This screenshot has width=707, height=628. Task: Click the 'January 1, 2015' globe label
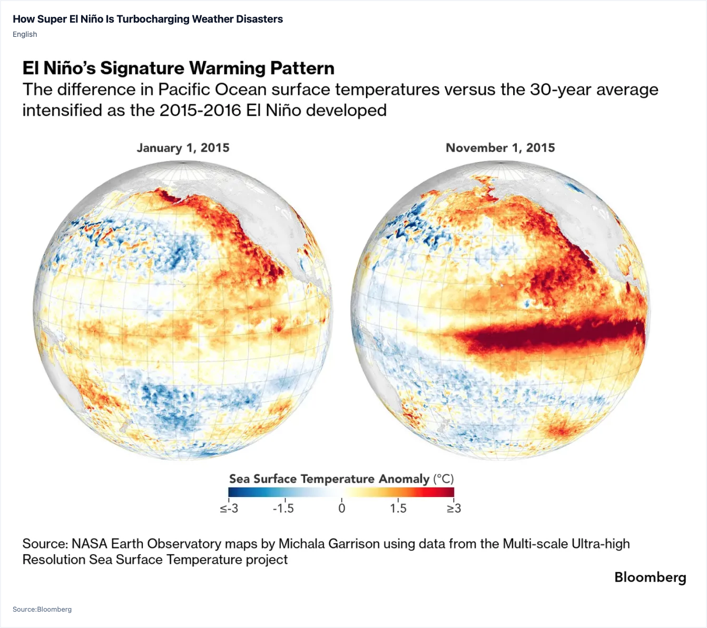(183, 148)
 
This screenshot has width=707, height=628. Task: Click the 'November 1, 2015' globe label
(500, 148)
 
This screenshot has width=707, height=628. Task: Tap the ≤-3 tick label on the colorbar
(229, 509)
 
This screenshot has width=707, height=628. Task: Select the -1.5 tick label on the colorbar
(283, 509)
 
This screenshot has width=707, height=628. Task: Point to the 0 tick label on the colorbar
(341, 509)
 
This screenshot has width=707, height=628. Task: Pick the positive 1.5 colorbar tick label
(398, 509)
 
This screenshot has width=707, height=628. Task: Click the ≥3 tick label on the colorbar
(454, 509)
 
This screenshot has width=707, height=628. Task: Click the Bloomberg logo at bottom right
(650, 577)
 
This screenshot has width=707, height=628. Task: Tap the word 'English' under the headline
(25, 34)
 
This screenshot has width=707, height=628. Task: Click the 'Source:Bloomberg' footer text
(42, 609)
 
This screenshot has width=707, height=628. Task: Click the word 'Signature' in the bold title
(142, 68)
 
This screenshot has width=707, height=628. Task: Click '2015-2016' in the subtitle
(200, 110)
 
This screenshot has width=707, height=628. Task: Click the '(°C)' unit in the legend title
(443, 479)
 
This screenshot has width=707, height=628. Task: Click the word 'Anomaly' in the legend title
(404, 479)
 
